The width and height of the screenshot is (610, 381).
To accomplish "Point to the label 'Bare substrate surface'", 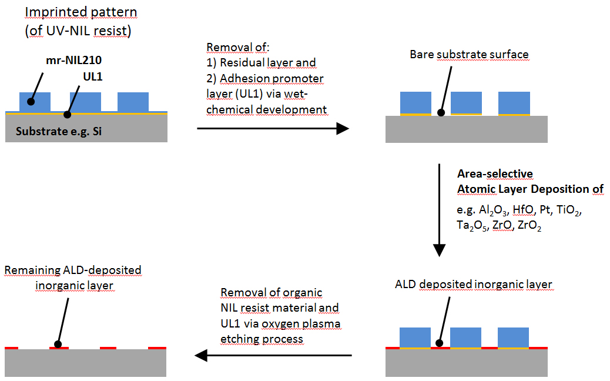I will [469, 55].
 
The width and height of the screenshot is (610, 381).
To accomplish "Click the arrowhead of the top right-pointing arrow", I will [343, 128].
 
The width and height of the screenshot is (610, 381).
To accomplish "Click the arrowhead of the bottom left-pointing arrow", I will [202, 355].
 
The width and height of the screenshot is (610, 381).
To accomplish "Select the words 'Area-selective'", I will [495, 173].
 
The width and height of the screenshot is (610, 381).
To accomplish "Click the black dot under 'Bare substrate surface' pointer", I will [441, 112].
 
